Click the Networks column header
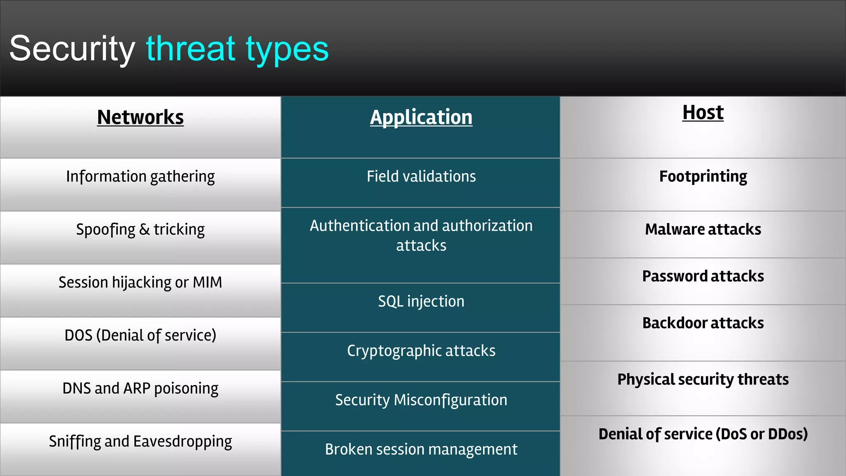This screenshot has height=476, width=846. [140, 117]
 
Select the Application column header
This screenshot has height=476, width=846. [421, 117]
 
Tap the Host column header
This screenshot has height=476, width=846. [703, 112]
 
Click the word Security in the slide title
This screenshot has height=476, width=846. [72, 49]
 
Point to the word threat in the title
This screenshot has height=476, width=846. [190, 49]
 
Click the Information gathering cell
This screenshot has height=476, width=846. [140, 177]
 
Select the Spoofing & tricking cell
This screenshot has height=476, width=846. [140, 230]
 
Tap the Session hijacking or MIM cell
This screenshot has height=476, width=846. [140, 283]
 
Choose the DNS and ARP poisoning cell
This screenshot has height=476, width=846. [140, 389]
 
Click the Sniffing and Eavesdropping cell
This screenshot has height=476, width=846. [140, 442]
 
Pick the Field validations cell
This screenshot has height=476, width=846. [421, 177]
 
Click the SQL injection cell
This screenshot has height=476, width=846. [421, 302]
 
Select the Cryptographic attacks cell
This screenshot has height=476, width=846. [421, 351]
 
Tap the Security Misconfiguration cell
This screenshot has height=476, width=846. [421, 400]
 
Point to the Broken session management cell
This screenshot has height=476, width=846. [421, 450]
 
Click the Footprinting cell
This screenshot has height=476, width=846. [703, 177]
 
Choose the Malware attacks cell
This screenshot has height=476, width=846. [703, 229]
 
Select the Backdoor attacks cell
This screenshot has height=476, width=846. [703, 323]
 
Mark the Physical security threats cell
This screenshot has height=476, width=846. [703, 379]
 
